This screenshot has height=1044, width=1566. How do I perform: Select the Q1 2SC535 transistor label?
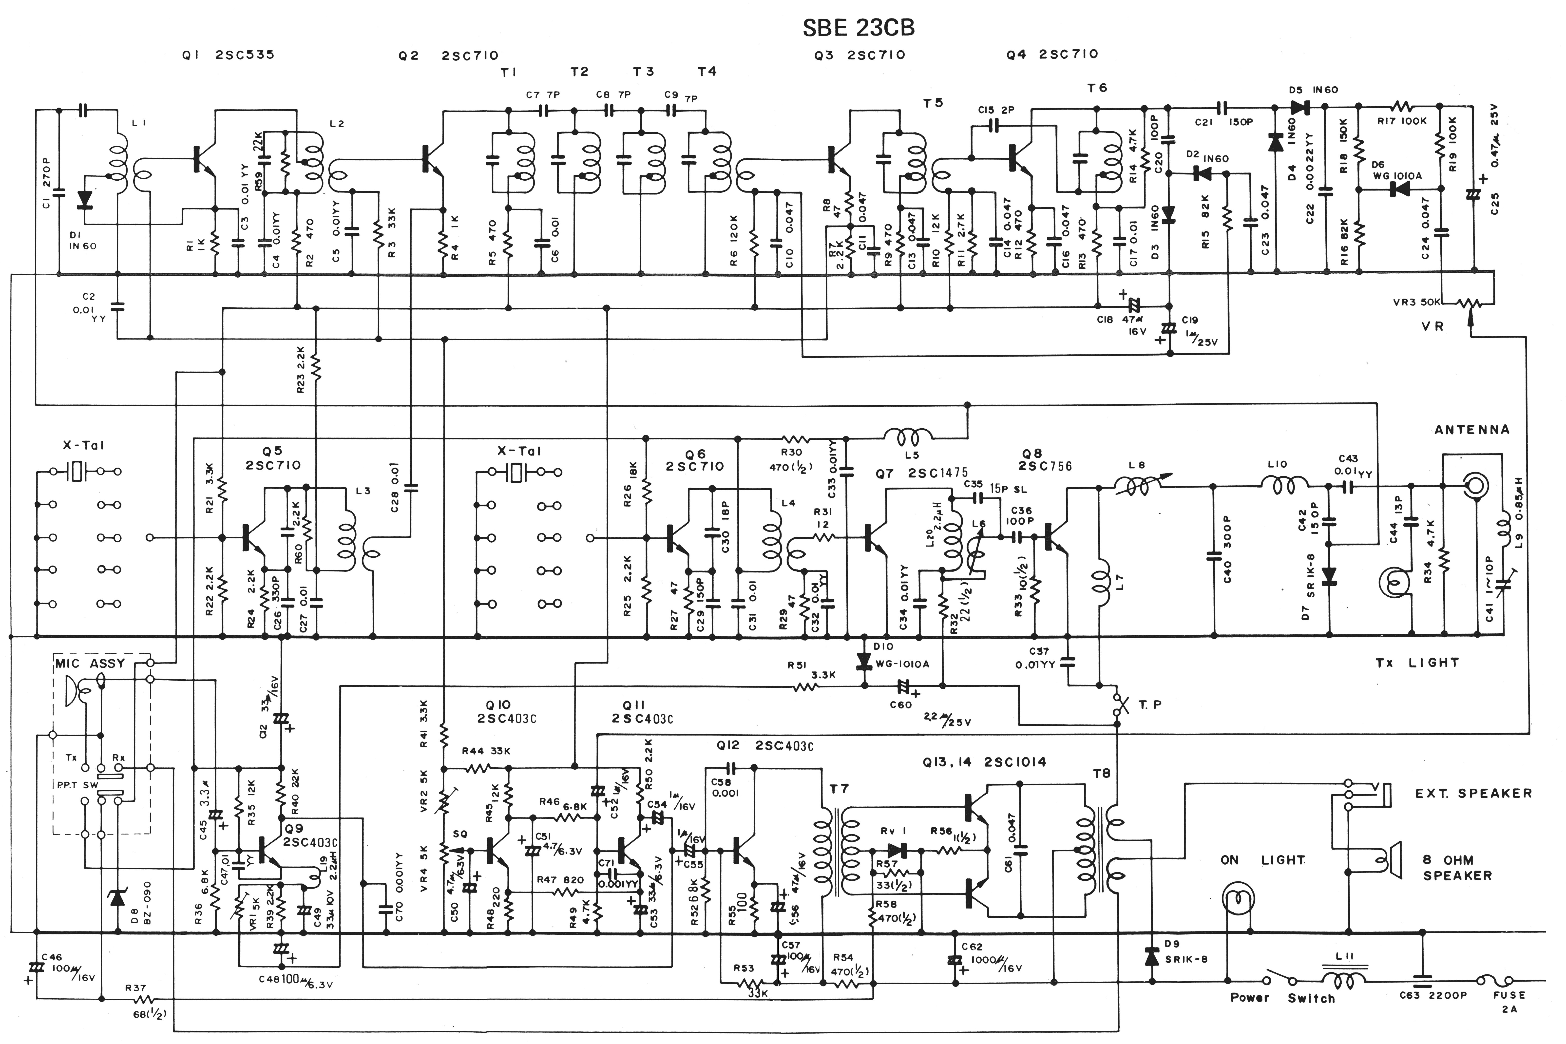[228, 55]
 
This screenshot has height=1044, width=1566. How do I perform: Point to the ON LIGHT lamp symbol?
[1239, 902]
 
